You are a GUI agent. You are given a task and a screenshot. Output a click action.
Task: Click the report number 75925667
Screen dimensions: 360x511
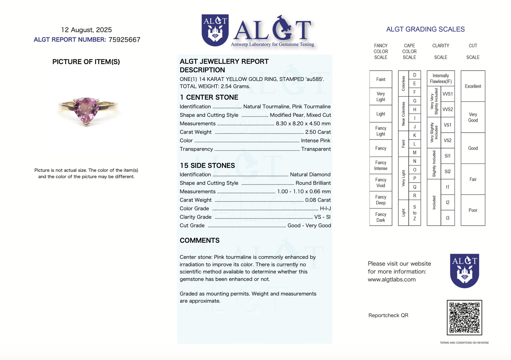click(124, 40)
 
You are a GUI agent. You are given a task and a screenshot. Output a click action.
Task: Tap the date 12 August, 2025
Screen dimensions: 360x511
click(86, 30)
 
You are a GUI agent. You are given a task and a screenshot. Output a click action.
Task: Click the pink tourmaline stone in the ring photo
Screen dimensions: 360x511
click(86, 110)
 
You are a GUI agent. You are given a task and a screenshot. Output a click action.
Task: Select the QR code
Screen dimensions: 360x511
click(464, 317)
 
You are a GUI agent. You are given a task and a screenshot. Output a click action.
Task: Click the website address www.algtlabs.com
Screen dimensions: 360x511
click(391, 279)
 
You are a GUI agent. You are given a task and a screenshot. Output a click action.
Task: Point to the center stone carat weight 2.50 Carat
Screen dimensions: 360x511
click(318, 132)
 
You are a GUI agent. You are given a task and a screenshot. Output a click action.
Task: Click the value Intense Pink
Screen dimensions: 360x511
click(315, 140)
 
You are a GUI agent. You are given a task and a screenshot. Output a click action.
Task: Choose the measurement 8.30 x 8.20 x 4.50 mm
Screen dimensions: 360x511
click(303, 123)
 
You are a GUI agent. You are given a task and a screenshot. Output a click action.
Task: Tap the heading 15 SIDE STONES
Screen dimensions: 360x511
click(207, 166)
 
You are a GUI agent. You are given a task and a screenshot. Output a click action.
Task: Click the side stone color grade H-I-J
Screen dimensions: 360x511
click(325, 208)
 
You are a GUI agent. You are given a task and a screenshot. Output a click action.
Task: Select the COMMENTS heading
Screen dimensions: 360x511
click(199, 240)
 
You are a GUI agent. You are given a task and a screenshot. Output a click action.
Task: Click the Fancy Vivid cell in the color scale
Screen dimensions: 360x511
click(381, 182)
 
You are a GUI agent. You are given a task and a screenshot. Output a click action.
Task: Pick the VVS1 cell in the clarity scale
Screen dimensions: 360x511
click(447, 94)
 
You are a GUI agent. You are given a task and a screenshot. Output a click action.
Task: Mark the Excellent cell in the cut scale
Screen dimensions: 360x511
click(473, 86)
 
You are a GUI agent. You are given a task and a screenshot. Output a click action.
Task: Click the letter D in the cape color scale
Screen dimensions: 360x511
click(414, 75)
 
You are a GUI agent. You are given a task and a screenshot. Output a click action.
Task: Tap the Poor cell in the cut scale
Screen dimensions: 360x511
click(473, 210)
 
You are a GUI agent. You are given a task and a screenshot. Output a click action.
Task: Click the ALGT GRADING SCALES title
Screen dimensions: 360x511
click(425, 29)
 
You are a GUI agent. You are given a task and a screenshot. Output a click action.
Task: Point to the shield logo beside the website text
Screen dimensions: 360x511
click(464, 271)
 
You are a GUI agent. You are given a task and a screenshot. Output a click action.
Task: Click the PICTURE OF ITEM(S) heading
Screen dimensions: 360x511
click(86, 62)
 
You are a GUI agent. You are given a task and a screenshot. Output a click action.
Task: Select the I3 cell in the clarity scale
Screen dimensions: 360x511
click(447, 218)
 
